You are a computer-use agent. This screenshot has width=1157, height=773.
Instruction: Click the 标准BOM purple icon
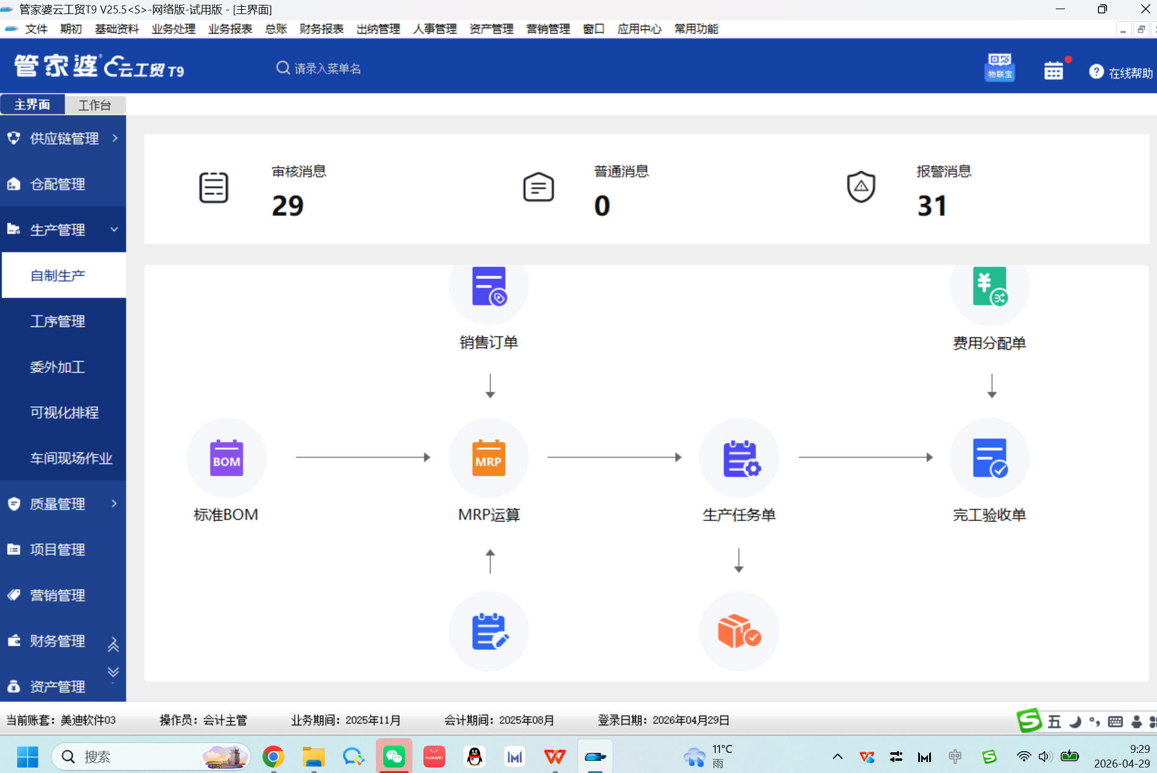point(226,457)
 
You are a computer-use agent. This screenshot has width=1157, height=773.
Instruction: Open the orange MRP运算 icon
point(489,457)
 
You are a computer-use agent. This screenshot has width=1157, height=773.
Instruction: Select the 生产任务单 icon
point(739,457)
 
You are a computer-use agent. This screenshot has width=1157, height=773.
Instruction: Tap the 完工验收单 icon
point(989,457)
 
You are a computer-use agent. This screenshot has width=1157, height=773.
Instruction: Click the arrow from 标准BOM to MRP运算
point(363,457)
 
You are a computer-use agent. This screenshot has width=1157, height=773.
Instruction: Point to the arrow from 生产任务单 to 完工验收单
point(866,457)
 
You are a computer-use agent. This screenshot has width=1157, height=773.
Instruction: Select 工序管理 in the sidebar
point(58,321)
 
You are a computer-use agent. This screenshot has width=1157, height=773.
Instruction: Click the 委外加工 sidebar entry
point(58,367)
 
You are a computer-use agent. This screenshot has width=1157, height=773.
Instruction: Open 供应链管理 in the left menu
point(63,138)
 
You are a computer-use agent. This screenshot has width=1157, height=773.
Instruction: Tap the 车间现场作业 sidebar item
point(71,458)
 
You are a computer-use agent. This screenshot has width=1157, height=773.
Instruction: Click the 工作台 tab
point(95,105)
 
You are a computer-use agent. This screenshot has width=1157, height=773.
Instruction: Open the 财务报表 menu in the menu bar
point(322,29)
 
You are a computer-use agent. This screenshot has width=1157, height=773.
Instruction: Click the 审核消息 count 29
point(288,206)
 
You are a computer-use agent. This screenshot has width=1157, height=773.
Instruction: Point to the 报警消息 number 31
point(932,206)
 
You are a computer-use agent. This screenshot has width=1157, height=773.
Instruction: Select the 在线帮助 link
point(1122,72)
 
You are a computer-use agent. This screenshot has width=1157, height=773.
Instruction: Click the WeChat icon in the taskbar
point(394,757)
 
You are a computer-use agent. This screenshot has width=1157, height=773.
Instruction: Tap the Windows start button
point(27,757)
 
